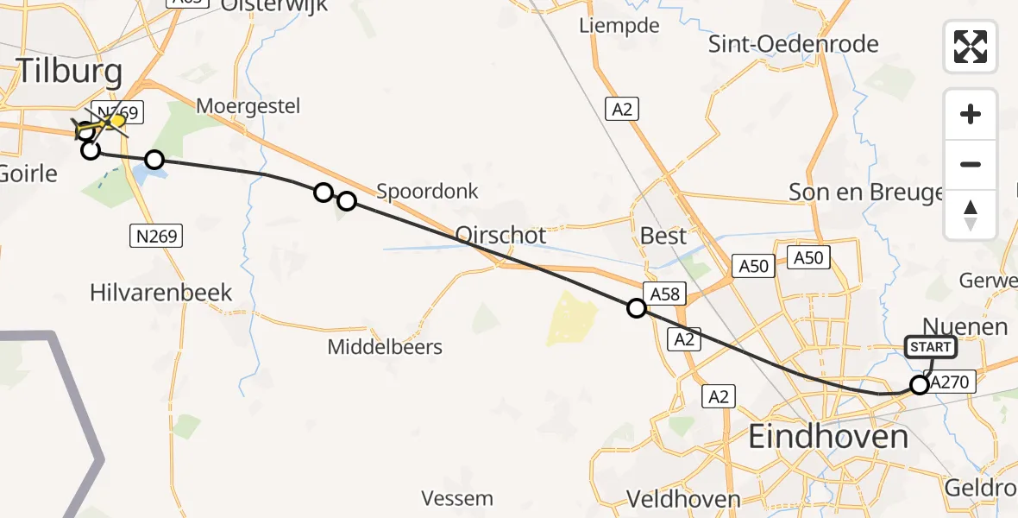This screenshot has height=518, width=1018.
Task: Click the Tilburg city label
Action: click(x=70, y=71)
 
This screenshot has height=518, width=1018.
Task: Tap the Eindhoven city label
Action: click(x=828, y=437)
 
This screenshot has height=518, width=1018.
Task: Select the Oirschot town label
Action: click(x=500, y=236)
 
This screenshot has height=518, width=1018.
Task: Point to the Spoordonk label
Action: click(x=427, y=190)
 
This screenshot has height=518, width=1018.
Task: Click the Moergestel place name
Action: click(x=248, y=106)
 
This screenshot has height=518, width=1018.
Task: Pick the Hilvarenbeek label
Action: click(x=161, y=293)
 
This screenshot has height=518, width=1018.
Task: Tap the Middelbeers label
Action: click(x=385, y=347)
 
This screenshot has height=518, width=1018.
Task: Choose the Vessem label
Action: click(x=457, y=498)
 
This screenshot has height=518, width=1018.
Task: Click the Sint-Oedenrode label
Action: click(x=794, y=44)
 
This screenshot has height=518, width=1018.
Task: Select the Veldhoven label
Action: click(x=683, y=499)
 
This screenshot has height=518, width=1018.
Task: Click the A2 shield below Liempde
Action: click(x=622, y=109)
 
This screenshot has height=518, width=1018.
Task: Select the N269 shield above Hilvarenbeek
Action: click(x=156, y=235)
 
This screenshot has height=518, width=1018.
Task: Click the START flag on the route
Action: click(x=930, y=347)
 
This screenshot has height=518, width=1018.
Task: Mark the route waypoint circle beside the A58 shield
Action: click(x=637, y=308)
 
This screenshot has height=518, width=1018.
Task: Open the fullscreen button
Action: click(x=971, y=46)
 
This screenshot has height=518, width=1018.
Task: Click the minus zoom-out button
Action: click(x=971, y=165)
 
